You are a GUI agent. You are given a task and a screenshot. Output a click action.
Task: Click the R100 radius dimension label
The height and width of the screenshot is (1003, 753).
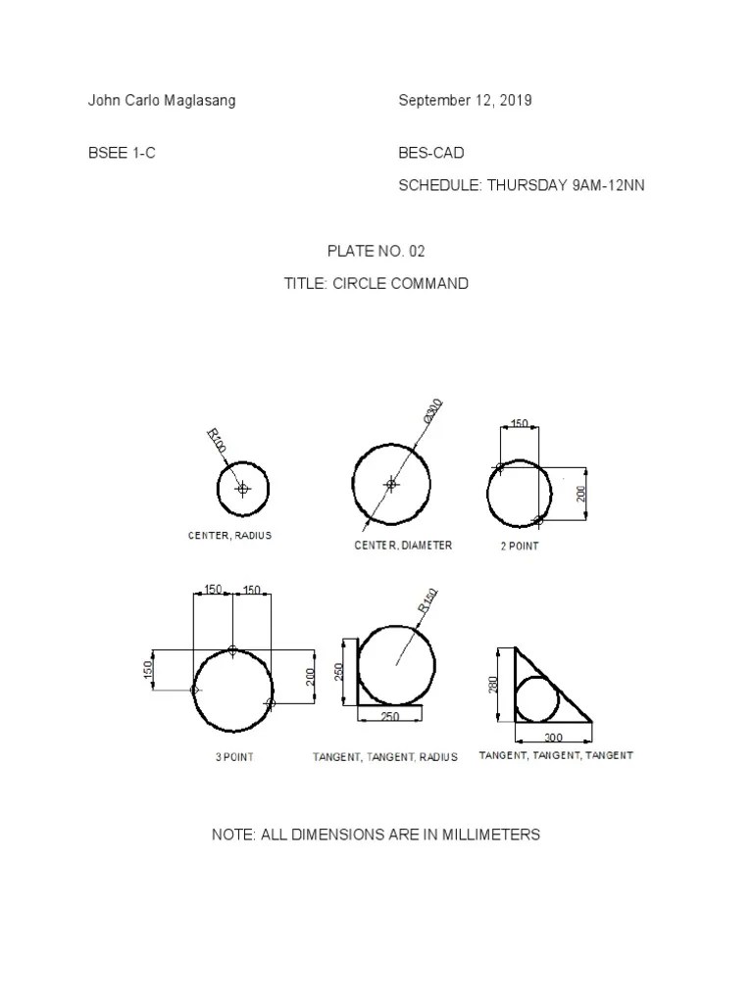pyautogui.click(x=217, y=441)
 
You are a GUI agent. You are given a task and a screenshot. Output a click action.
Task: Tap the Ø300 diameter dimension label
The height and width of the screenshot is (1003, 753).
pyautogui.click(x=433, y=411)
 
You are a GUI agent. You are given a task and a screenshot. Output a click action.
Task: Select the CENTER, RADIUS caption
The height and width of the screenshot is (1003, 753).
pyautogui.click(x=229, y=536)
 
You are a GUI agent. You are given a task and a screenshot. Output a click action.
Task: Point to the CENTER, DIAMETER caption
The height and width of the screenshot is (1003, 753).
pyautogui.click(x=403, y=546)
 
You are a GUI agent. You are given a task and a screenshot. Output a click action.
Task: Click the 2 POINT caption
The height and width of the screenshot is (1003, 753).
pyautogui.click(x=519, y=547)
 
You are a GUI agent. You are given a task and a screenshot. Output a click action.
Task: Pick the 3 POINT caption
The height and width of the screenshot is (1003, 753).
pyautogui.click(x=234, y=757)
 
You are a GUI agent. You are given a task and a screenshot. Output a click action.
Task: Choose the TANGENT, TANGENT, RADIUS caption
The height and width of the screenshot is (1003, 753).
pyautogui.click(x=385, y=757)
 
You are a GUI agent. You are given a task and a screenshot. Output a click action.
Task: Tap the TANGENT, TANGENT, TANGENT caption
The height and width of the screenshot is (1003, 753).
pyautogui.click(x=556, y=755)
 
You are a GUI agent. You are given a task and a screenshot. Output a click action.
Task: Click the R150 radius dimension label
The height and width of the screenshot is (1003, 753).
pyautogui.click(x=428, y=601)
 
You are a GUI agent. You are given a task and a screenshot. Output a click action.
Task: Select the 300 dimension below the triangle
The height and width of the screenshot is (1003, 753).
pyautogui.click(x=553, y=737)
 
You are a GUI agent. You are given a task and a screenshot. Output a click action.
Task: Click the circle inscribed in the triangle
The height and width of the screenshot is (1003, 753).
pyautogui.click(x=536, y=698)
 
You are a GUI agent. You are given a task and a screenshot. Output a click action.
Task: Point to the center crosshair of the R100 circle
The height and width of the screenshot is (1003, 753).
pyautogui.click(x=243, y=488)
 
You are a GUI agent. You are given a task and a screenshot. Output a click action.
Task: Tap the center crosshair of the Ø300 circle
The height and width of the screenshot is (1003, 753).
pyautogui.click(x=391, y=484)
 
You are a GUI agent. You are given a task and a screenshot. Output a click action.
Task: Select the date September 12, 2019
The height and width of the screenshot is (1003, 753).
pyautogui.click(x=465, y=101)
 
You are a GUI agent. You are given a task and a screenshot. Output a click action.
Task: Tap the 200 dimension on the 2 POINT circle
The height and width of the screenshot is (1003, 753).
pyautogui.click(x=581, y=493)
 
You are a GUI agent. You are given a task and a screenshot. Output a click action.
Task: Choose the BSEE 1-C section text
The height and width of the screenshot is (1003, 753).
pyautogui.click(x=122, y=154)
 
